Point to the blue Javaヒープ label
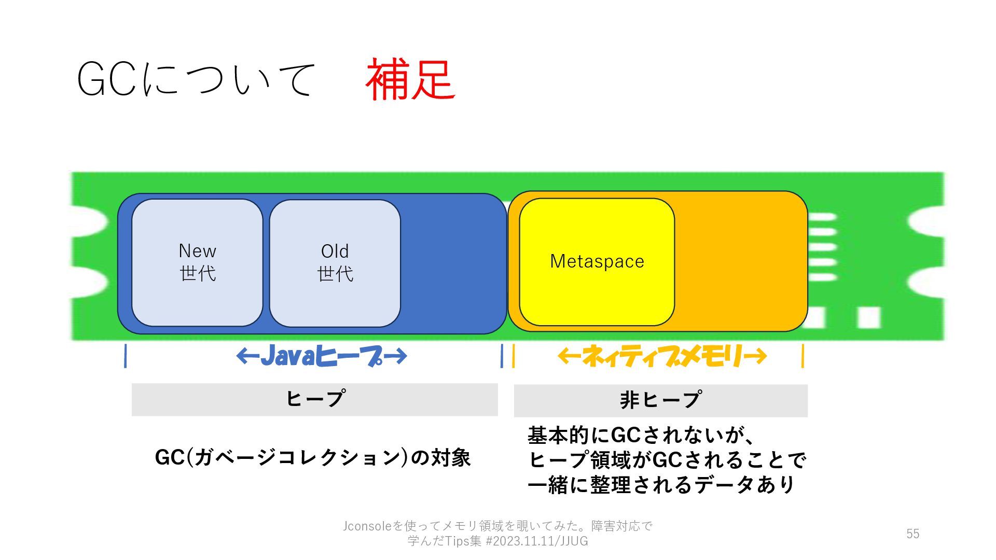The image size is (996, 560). [x=321, y=356]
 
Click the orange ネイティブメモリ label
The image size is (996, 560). [x=662, y=356]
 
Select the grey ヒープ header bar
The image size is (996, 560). [x=314, y=399]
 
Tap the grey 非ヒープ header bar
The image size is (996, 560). [x=660, y=400]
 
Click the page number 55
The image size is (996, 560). [x=912, y=534]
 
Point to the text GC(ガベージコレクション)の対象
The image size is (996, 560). [x=313, y=458]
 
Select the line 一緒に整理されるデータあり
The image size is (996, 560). [x=661, y=485]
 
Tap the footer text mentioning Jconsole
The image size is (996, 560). [x=497, y=526]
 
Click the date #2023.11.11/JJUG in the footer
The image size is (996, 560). [x=536, y=541]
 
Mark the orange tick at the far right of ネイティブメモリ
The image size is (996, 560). [x=803, y=356]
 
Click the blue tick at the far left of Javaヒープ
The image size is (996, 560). [x=126, y=356]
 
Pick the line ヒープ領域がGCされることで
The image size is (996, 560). [x=667, y=460]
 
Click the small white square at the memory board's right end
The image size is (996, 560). [x=868, y=317]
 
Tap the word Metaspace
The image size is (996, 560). [x=597, y=261]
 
